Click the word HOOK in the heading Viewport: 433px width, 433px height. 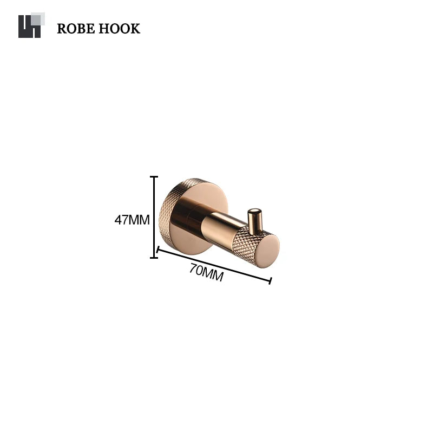tap(119, 29)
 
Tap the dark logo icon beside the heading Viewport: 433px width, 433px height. tap(31, 25)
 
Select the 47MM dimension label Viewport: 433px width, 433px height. tap(132, 220)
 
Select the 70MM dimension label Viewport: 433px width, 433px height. tap(206, 272)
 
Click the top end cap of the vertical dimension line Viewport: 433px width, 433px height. tap(154, 176)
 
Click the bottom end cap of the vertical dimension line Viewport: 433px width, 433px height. tap(154, 258)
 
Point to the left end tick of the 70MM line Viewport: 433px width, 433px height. tap(158, 250)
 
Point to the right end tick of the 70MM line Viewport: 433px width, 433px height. tap(270, 280)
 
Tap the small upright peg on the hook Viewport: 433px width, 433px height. tap(254, 221)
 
